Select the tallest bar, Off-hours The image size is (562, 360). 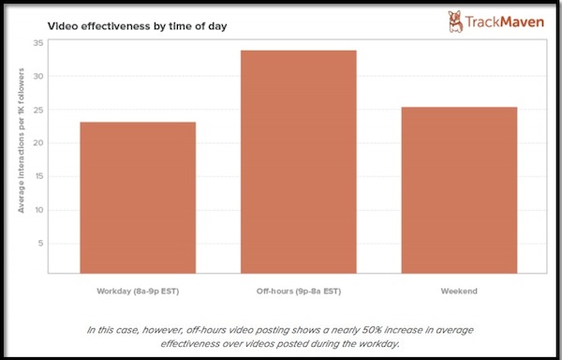tap(298, 161)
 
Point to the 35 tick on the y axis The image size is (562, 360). tap(37, 43)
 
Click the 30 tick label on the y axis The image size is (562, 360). tap(37, 76)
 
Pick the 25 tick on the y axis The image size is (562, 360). tap(37, 110)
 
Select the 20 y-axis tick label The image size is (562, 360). tap(37, 143)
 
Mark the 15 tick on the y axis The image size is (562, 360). tap(37, 176)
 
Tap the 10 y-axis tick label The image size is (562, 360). tap(37, 210)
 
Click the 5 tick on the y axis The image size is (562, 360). tap(39, 243)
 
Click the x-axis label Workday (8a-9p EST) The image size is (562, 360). tap(138, 292)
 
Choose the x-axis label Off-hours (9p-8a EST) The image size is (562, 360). tap(298, 292)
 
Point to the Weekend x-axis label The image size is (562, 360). tap(459, 292)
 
